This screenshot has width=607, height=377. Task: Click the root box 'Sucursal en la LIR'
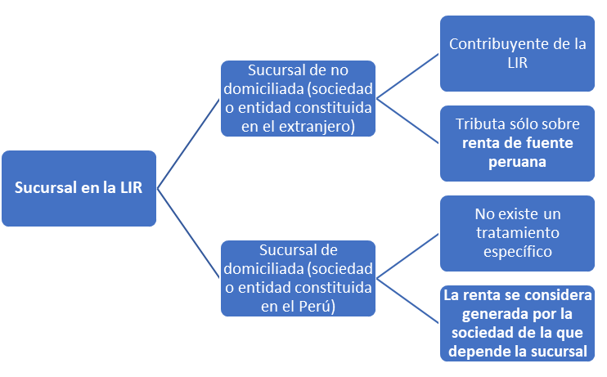(79, 188)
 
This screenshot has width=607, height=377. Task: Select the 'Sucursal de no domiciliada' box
(298, 98)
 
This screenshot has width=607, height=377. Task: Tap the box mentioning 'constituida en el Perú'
(298, 278)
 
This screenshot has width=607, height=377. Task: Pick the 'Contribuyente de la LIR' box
(517, 53)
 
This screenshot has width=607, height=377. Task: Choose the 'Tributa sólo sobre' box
(517, 143)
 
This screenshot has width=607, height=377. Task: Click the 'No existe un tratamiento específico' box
(517, 233)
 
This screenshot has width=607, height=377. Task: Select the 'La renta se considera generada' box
(517, 323)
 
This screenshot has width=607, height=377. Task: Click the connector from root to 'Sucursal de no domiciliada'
(188, 144)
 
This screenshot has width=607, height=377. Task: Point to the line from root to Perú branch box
(188, 233)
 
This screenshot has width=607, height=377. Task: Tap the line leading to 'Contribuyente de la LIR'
(407, 76)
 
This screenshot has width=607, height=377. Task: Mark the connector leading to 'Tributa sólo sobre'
(407, 121)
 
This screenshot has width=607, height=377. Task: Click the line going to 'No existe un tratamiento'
(407, 256)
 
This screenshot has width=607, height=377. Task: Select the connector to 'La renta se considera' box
(407, 301)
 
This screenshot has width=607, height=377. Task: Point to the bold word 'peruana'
(517, 162)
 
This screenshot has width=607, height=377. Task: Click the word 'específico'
(518, 252)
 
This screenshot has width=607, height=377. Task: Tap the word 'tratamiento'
(518, 233)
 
